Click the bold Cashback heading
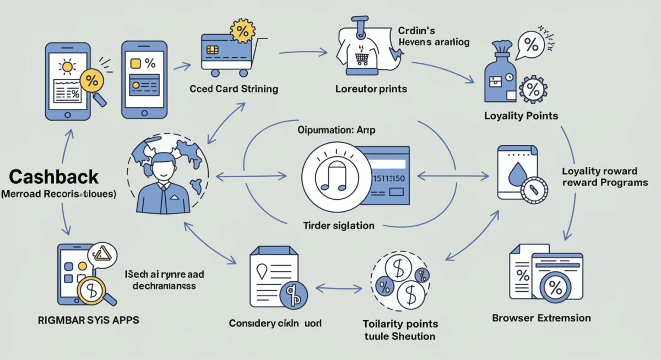pyautogui.click(x=54, y=177)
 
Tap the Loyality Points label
pyautogui.click(x=521, y=116)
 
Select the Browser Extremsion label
pyautogui.click(x=541, y=318)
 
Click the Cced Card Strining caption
pyautogui.click(x=234, y=89)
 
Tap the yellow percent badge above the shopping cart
pyautogui.click(x=242, y=31)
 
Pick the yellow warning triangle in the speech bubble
pyautogui.click(x=102, y=254)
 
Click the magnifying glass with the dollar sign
pyautogui.click(x=92, y=290)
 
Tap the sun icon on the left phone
pyautogui.click(x=68, y=67)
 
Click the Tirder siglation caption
pyautogui.click(x=339, y=225)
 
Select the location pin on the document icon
pyautogui.click(x=262, y=270)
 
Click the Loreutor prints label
pyautogui.click(x=371, y=89)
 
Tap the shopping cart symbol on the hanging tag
pyautogui.click(x=362, y=57)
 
